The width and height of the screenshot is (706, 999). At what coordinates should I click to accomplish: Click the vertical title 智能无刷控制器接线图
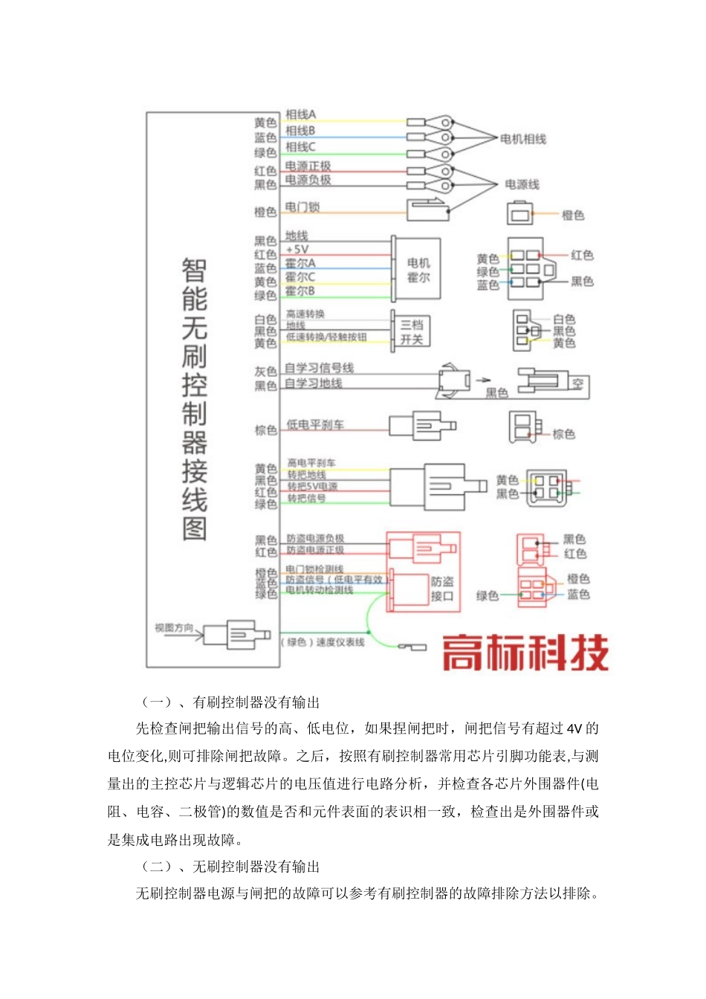coord(194,400)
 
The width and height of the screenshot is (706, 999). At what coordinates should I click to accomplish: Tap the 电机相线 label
coord(523,139)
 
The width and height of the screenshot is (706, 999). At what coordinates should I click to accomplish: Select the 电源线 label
coord(522,184)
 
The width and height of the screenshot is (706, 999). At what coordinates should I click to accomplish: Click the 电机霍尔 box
coord(418,270)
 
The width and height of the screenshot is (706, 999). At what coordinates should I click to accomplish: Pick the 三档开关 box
coord(412,332)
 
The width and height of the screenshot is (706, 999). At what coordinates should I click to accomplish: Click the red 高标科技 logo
coord(525,653)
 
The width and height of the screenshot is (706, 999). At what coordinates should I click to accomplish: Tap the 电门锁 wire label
coord(302,207)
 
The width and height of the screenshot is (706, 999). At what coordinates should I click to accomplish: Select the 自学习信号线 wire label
coord(320,368)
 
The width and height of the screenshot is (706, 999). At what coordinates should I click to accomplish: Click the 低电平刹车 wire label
coord(315,424)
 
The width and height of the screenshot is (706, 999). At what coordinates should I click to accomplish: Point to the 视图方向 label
coord(174,628)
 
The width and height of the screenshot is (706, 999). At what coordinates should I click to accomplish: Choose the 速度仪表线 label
coord(324,642)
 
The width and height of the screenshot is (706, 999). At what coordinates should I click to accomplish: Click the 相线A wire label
coord(301,114)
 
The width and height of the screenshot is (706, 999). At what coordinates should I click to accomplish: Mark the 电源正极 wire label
coord(308,166)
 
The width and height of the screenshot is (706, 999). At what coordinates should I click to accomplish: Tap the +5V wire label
coord(297,250)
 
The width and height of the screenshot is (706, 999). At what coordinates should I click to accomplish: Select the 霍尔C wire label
coord(300,277)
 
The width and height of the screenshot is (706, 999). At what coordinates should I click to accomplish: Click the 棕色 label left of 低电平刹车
coord(266,430)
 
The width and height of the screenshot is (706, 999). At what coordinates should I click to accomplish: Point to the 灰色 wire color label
coord(266,371)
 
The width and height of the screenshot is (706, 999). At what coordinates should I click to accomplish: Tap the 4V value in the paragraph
coord(574,728)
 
